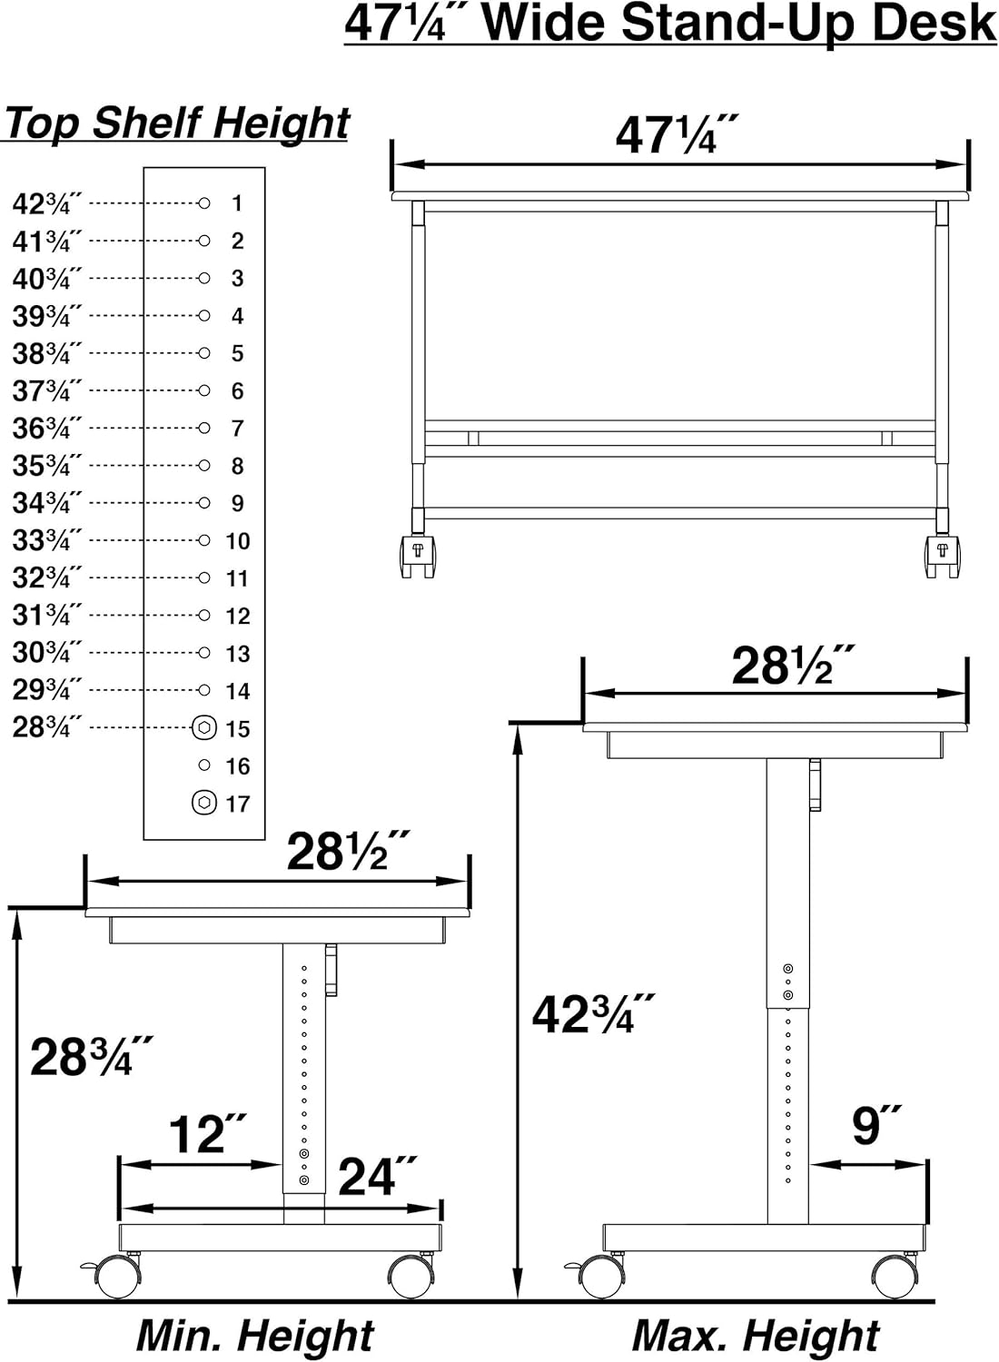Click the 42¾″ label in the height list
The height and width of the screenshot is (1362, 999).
pyautogui.click(x=47, y=203)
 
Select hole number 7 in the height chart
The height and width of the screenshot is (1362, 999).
pyautogui.click(x=204, y=428)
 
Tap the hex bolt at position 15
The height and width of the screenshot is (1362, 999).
pyautogui.click(x=204, y=727)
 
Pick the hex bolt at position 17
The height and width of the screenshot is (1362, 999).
pyautogui.click(x=204, y=803)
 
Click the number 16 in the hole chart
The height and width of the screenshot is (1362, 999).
pyautogui.click(x=238, y=766)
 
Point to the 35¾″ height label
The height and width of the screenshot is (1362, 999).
pyautogui.click(x=47, y=467)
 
